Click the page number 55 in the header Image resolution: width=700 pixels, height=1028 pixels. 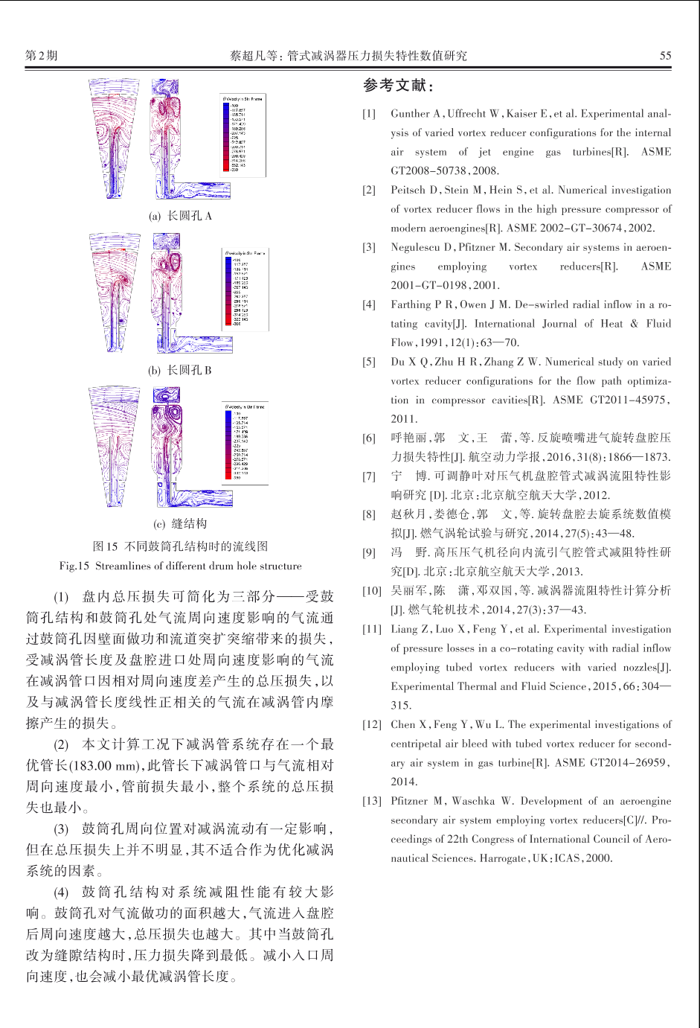tap(665, 55)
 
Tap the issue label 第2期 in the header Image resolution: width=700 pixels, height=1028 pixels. tap(41, 55)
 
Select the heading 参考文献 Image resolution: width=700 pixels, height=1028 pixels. tap(398, 86)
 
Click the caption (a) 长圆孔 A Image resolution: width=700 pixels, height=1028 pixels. tap(180, 216)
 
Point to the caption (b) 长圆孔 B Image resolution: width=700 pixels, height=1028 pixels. tap(180, 370)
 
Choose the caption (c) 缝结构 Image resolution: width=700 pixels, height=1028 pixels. tap(180, 523)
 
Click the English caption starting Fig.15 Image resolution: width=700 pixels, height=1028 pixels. tap(180, 566)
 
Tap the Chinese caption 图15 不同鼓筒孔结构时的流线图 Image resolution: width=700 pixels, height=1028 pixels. tap(180, 546)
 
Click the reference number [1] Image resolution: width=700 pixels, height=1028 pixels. tap(369, 114)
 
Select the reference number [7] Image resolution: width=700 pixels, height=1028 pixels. tap(369, 476)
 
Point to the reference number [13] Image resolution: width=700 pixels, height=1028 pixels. tap(372, 801)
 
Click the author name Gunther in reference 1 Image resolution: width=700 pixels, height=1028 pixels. tap(410, 114)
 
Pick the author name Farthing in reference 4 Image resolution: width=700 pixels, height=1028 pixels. tap(411, 304)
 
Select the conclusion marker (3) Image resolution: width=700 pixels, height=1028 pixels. tap(61, 829)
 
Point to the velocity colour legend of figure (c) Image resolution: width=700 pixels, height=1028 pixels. tap(246, 443)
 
